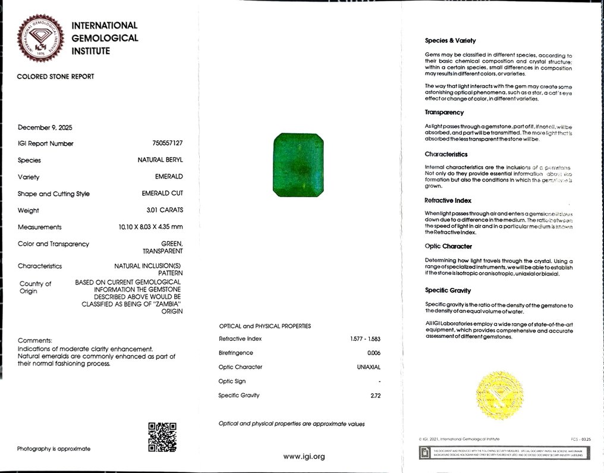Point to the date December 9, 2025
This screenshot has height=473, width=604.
tap(45, 127)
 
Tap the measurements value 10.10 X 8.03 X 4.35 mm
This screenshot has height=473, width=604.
tap(151, 227)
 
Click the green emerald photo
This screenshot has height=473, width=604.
tap(298, 165)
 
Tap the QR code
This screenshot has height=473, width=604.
tap(162, 437)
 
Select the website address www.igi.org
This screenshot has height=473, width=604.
tap(304, 456)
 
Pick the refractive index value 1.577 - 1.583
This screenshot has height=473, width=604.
tap(365, 339)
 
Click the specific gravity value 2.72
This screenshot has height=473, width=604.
tap(375, 396)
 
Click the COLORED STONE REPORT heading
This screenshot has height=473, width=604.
tap(55, 76)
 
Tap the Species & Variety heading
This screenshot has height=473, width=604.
tap(450, 41)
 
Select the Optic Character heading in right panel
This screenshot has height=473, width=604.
tap(448, 246)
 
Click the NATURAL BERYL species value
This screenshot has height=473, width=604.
tap(161, 160)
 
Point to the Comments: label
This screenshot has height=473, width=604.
tap(35, 340)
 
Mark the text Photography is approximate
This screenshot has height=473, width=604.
tap(54, 449)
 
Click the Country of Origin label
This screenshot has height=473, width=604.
tap(36, 287)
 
